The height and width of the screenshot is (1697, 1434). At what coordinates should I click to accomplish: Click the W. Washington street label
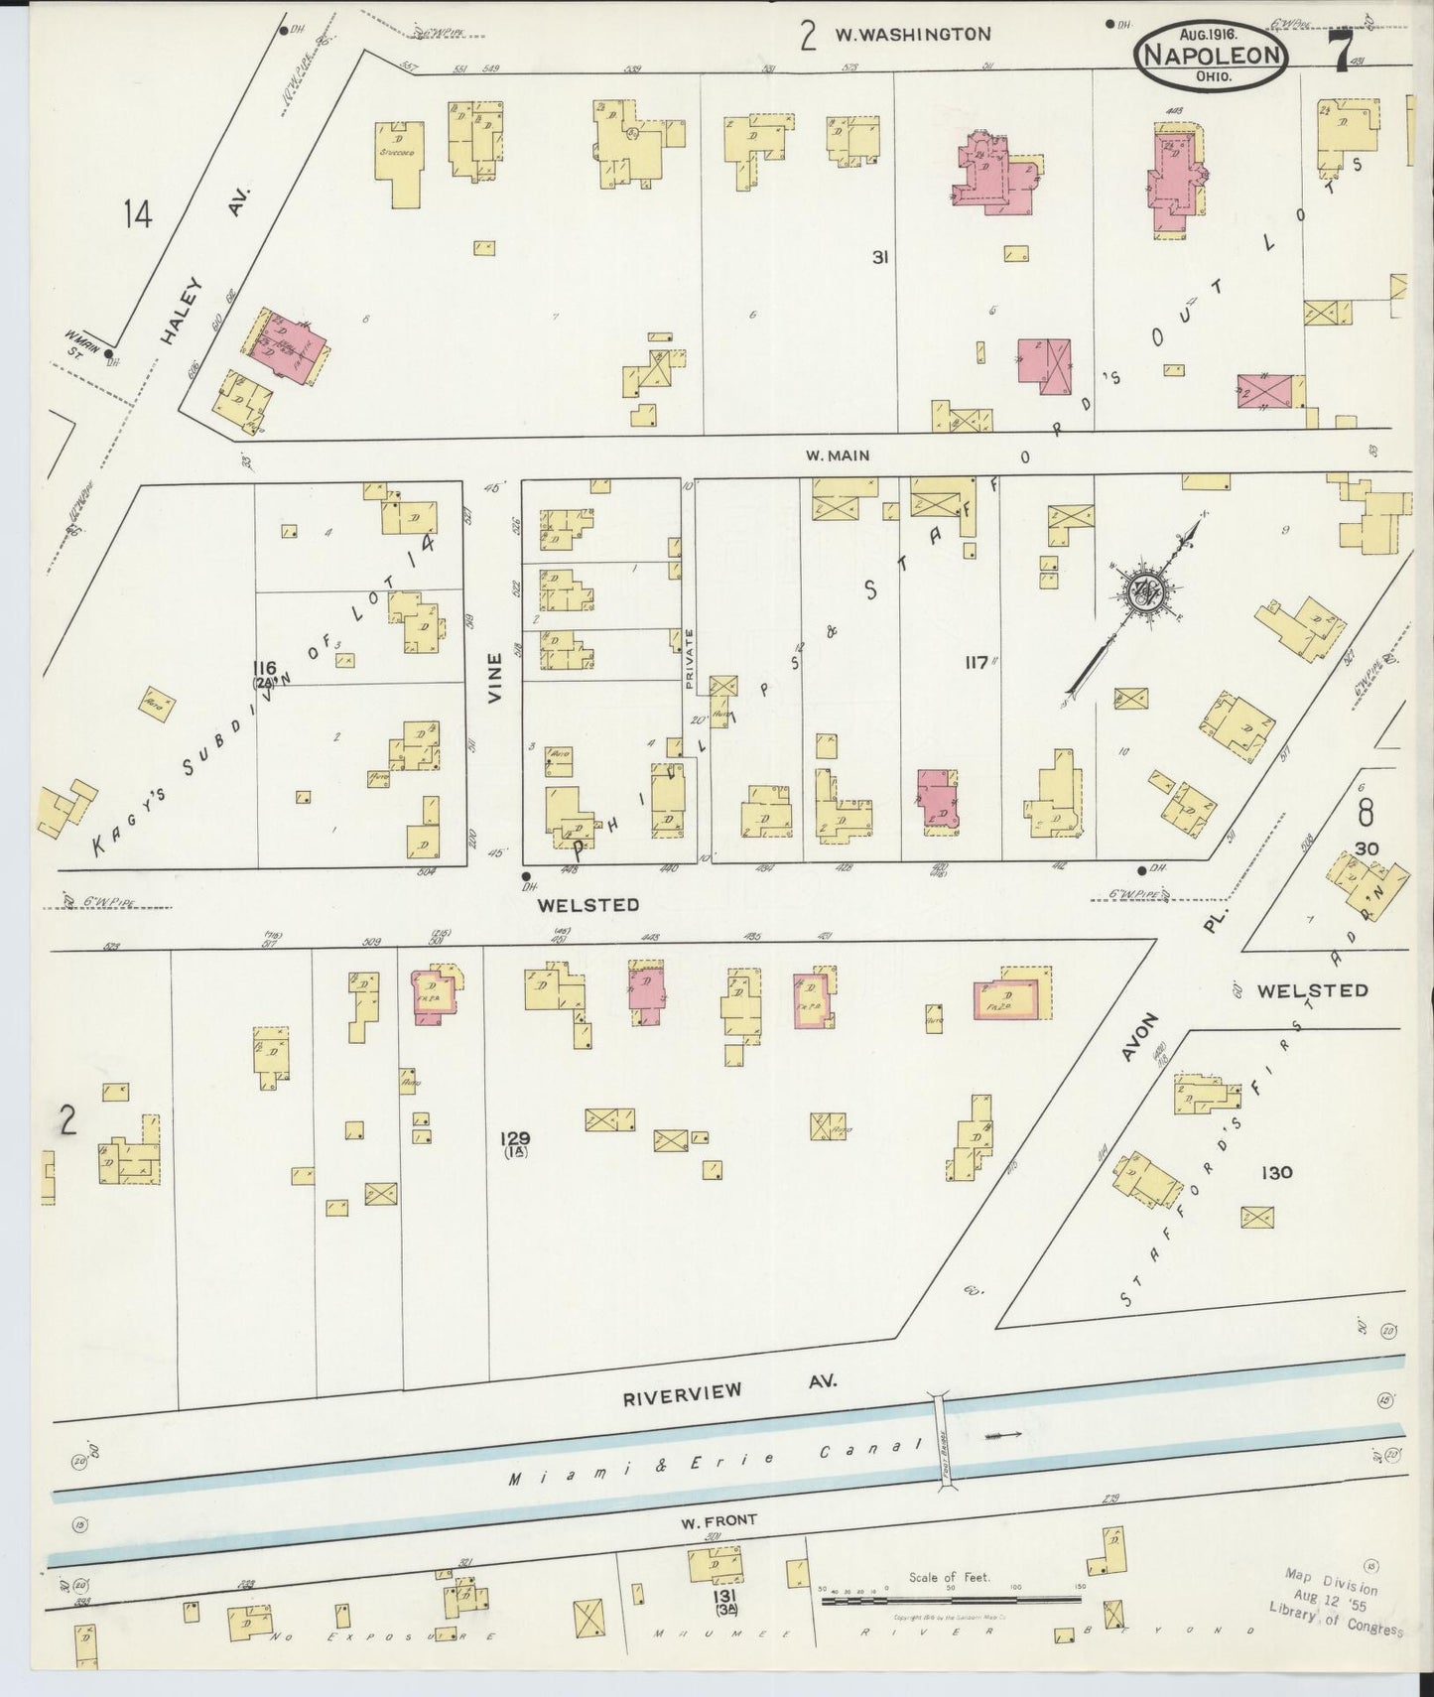[x=911, y=34]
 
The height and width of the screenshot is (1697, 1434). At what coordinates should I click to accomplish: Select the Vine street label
[x=494, y=684]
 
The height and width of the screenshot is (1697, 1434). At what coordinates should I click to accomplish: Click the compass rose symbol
[x=1149, y=594]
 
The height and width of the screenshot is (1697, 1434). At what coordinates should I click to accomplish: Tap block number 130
[x=1275, y=1172]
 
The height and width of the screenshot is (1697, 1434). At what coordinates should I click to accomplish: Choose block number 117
[x=976, y=661]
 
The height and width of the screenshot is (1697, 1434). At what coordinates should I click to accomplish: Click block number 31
[x=878, y=257]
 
